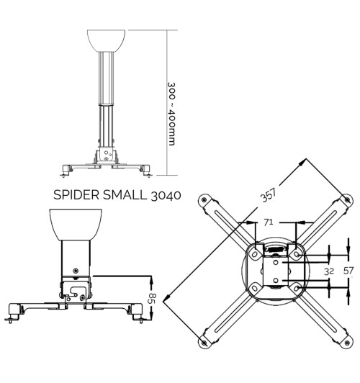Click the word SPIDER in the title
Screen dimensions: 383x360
point(75,194)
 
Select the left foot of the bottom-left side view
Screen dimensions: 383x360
point(12,315)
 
